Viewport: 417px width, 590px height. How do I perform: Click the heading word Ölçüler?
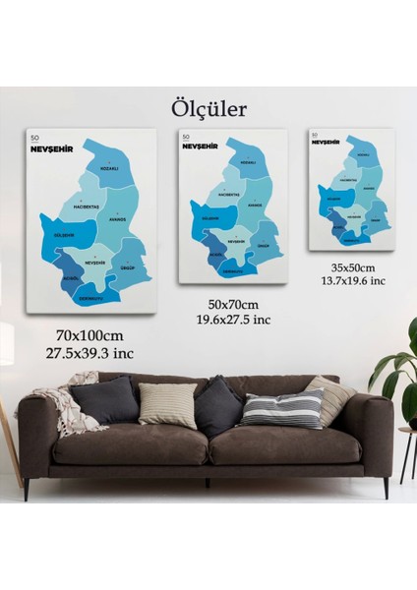click(x=208, y=106)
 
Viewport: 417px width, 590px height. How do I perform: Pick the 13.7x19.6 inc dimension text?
click(x=352, y=280)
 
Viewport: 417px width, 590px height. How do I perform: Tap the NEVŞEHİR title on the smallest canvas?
click(x=326, y=143)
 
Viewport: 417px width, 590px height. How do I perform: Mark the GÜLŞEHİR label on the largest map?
click(x=63, y=235)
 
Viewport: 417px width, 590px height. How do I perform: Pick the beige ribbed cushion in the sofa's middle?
click(x=168, y=405)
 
